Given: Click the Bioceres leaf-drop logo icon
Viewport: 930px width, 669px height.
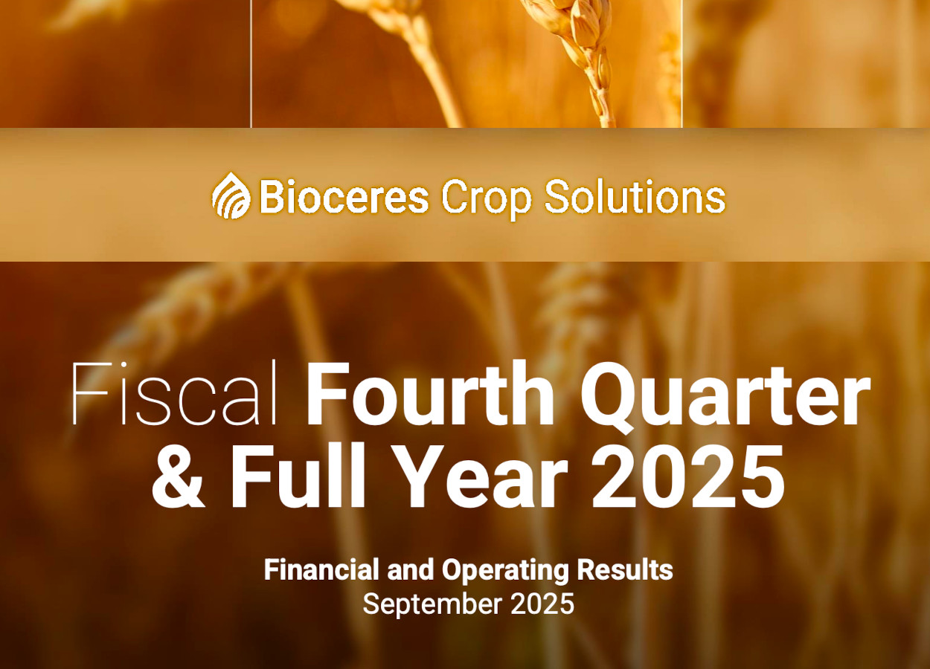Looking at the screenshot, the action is click(231, 195).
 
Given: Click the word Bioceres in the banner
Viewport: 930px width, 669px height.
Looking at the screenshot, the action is click(344, 196).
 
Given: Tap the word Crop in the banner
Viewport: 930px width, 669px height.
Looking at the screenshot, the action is click(486, 199).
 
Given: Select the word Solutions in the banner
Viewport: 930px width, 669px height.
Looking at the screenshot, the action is click(635, 196).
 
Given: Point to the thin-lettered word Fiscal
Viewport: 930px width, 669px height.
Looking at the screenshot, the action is click(174, 392).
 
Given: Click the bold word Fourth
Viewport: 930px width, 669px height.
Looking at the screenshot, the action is click(430, 392).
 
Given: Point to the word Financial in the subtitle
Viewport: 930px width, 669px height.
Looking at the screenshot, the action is click(321, 569).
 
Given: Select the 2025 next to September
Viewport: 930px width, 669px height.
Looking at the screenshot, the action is click(542, 604).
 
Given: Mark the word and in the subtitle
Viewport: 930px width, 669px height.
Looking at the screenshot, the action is click(411, 569).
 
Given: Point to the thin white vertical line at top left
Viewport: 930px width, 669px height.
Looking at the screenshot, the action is click(251, 64).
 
